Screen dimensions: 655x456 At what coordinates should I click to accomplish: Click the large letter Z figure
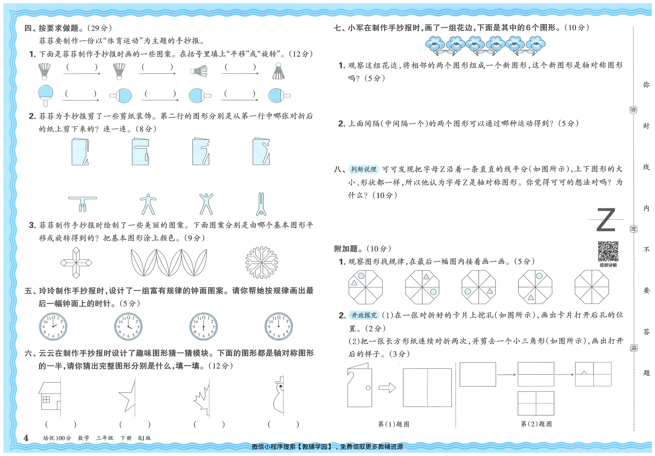606,220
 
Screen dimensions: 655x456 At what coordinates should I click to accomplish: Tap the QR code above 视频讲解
608,251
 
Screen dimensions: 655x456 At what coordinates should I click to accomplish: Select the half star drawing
127,396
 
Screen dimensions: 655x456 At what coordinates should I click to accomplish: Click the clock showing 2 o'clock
53,326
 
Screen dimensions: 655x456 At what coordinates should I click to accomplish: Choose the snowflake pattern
261,262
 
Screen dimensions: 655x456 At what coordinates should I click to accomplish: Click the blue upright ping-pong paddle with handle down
46,95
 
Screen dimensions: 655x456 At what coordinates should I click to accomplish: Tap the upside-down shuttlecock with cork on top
278,71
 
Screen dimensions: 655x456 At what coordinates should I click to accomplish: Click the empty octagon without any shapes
592,287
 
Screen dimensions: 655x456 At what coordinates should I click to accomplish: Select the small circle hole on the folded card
368,388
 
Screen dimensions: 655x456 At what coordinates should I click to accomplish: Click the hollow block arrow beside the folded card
387,388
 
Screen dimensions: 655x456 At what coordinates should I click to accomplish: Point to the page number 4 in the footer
26,438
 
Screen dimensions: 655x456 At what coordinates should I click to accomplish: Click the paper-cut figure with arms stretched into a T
82,204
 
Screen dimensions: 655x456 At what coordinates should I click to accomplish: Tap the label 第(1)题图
394,424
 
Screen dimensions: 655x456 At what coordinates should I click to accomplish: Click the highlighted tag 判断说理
364,169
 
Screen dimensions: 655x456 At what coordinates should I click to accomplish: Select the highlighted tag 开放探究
364,315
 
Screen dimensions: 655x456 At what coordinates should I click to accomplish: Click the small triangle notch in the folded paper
584,372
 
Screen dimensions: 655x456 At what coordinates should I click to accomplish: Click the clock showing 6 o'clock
203,326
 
